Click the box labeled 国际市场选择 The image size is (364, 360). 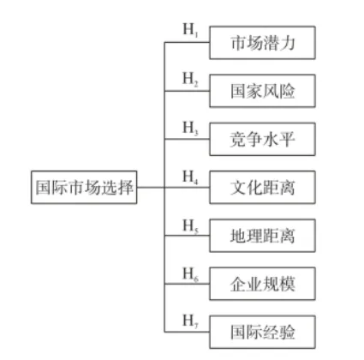pyautogui.click(x=82, y=185)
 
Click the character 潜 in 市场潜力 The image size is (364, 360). pyautogui.click(x=273, y=40)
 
